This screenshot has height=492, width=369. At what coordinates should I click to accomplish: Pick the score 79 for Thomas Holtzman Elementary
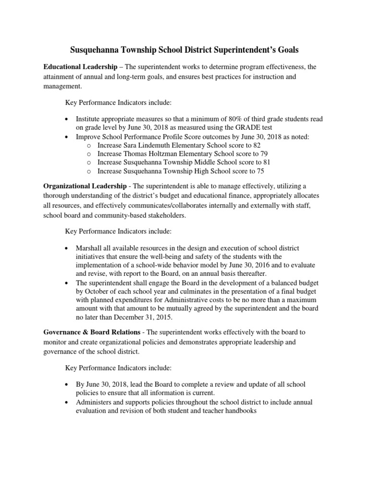click(x=268, y=154)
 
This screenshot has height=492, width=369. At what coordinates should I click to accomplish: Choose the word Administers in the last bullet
click(x=95, y=402)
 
